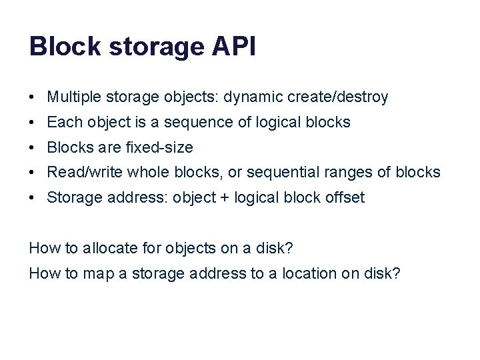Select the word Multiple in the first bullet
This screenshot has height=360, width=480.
coord(71,97)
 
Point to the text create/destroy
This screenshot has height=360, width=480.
coord(338,97)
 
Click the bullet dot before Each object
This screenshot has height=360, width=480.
coord(32,123)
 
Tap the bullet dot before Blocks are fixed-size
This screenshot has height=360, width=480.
coord(32,147)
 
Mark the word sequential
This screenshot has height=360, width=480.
coord(279,173)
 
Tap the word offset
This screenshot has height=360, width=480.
coord(345,198)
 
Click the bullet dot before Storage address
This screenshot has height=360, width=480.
coord(32,198)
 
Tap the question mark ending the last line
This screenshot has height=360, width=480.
coord(396,273)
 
